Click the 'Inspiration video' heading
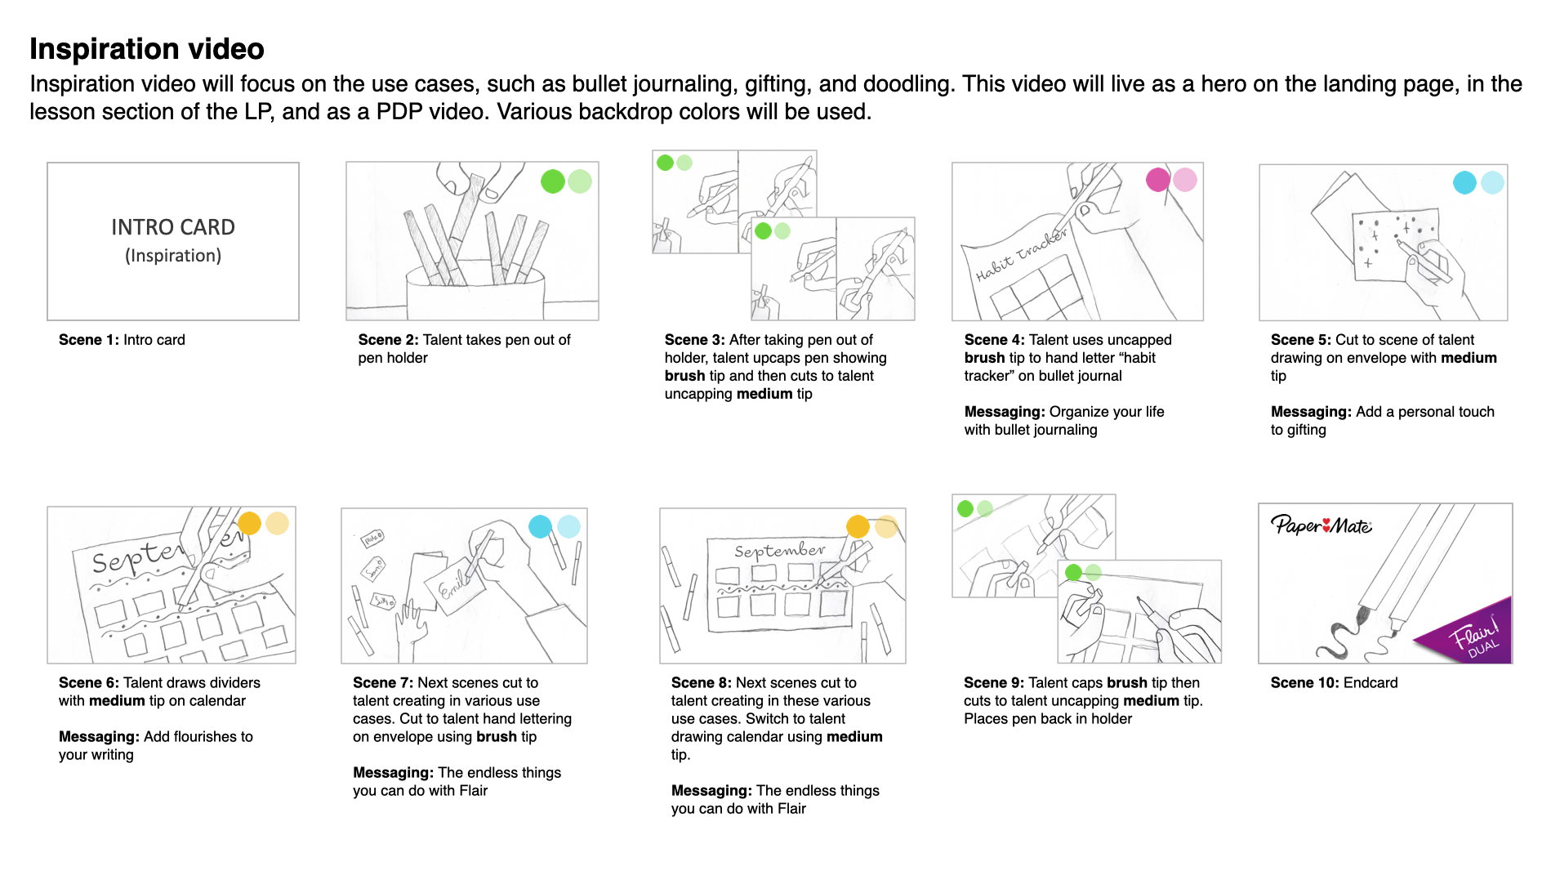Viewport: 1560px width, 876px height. click(x=147, y=49)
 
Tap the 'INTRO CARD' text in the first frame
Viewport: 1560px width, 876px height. click(x=172, y=227)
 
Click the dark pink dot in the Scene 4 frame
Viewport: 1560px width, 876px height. click(x=1157, y=180)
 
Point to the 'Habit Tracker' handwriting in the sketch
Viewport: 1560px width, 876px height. click(x=1021, y=254)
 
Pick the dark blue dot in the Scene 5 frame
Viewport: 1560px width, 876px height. click(x=1464, y=182)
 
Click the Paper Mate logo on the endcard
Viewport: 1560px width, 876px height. click(x=1321, y=525)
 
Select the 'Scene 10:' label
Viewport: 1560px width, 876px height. click(x=1304, y=683)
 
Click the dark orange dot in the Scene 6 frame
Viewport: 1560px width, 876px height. click(x=249, y=523)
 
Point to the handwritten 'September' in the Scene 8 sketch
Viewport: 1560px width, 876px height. click(x=779, y=550)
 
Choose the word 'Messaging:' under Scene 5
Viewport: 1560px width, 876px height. click(x=1311, y=412)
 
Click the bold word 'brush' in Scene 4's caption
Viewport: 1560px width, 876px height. click(x=984, y=358)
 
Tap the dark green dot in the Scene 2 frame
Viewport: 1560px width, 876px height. click(x=553, y=181)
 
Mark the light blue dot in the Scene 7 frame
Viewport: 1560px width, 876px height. click(x=568, y=526)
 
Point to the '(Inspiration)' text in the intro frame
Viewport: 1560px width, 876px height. click(x=172, y=256)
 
